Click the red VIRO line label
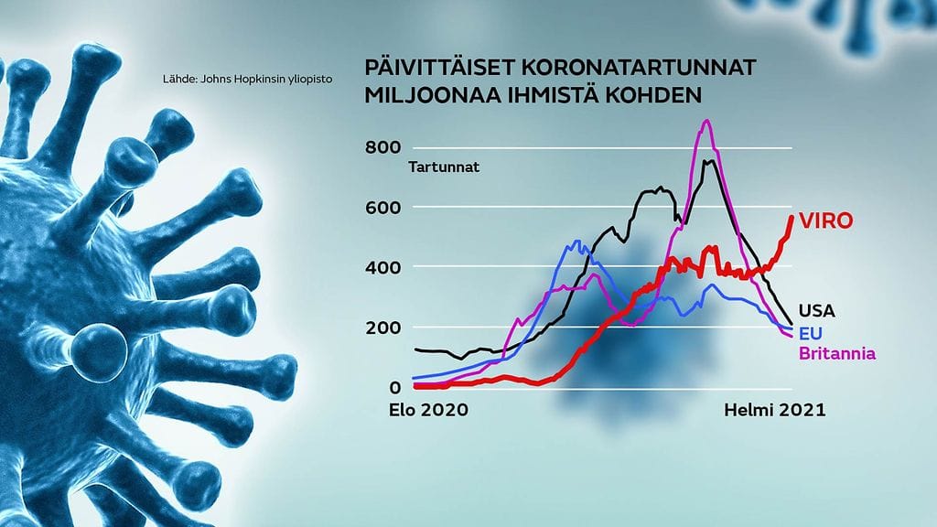826,221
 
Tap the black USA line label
817,311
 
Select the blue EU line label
811,333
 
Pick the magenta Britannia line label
837,353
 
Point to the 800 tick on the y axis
383,147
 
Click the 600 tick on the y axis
383,208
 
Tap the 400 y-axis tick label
383,267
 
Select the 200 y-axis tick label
383,328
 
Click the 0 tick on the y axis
395,387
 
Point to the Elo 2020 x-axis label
428,410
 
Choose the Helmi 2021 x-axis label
775,410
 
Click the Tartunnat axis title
444,167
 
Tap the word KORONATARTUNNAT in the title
639,67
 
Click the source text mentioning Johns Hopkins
247,79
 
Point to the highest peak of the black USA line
709,160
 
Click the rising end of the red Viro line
792,216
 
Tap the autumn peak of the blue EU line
576,241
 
